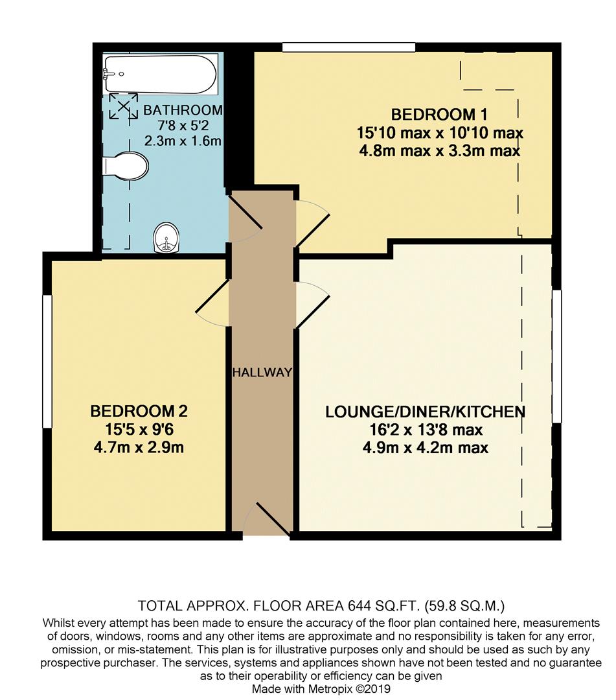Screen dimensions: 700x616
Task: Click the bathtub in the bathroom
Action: [x=159, y=75]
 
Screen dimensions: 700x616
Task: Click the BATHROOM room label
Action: [x=183, y=110]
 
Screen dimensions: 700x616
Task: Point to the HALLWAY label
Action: [x=262, y=373]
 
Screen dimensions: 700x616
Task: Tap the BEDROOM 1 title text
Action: [x=439, y=115]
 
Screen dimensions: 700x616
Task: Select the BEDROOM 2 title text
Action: [x=139, y=411]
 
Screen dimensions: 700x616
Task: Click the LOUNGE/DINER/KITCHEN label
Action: [x=424, y=412]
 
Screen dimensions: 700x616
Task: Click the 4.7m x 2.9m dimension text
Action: [x=139, y=447]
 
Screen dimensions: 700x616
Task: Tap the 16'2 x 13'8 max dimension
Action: [x=424, y=430]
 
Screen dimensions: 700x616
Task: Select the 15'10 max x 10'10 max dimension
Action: [x=439, y=134]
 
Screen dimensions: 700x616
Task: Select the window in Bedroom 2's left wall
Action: [x=47, y=362]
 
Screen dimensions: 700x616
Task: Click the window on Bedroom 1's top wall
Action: [x=348, y=47]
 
